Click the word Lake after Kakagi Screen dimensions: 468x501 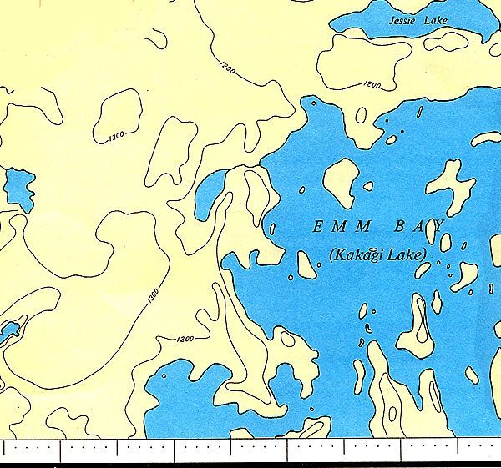tap(410, 254)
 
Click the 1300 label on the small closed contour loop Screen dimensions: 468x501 tap(117, 135)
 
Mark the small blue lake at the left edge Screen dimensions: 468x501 tap(18, 189)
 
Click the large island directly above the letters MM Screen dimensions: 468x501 tap(340, 181)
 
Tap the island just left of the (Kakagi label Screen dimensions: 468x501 tap(306, 266)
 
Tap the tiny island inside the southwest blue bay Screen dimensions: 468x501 tap(164, 376)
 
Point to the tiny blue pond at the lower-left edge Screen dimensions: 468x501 tap(8, 330)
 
